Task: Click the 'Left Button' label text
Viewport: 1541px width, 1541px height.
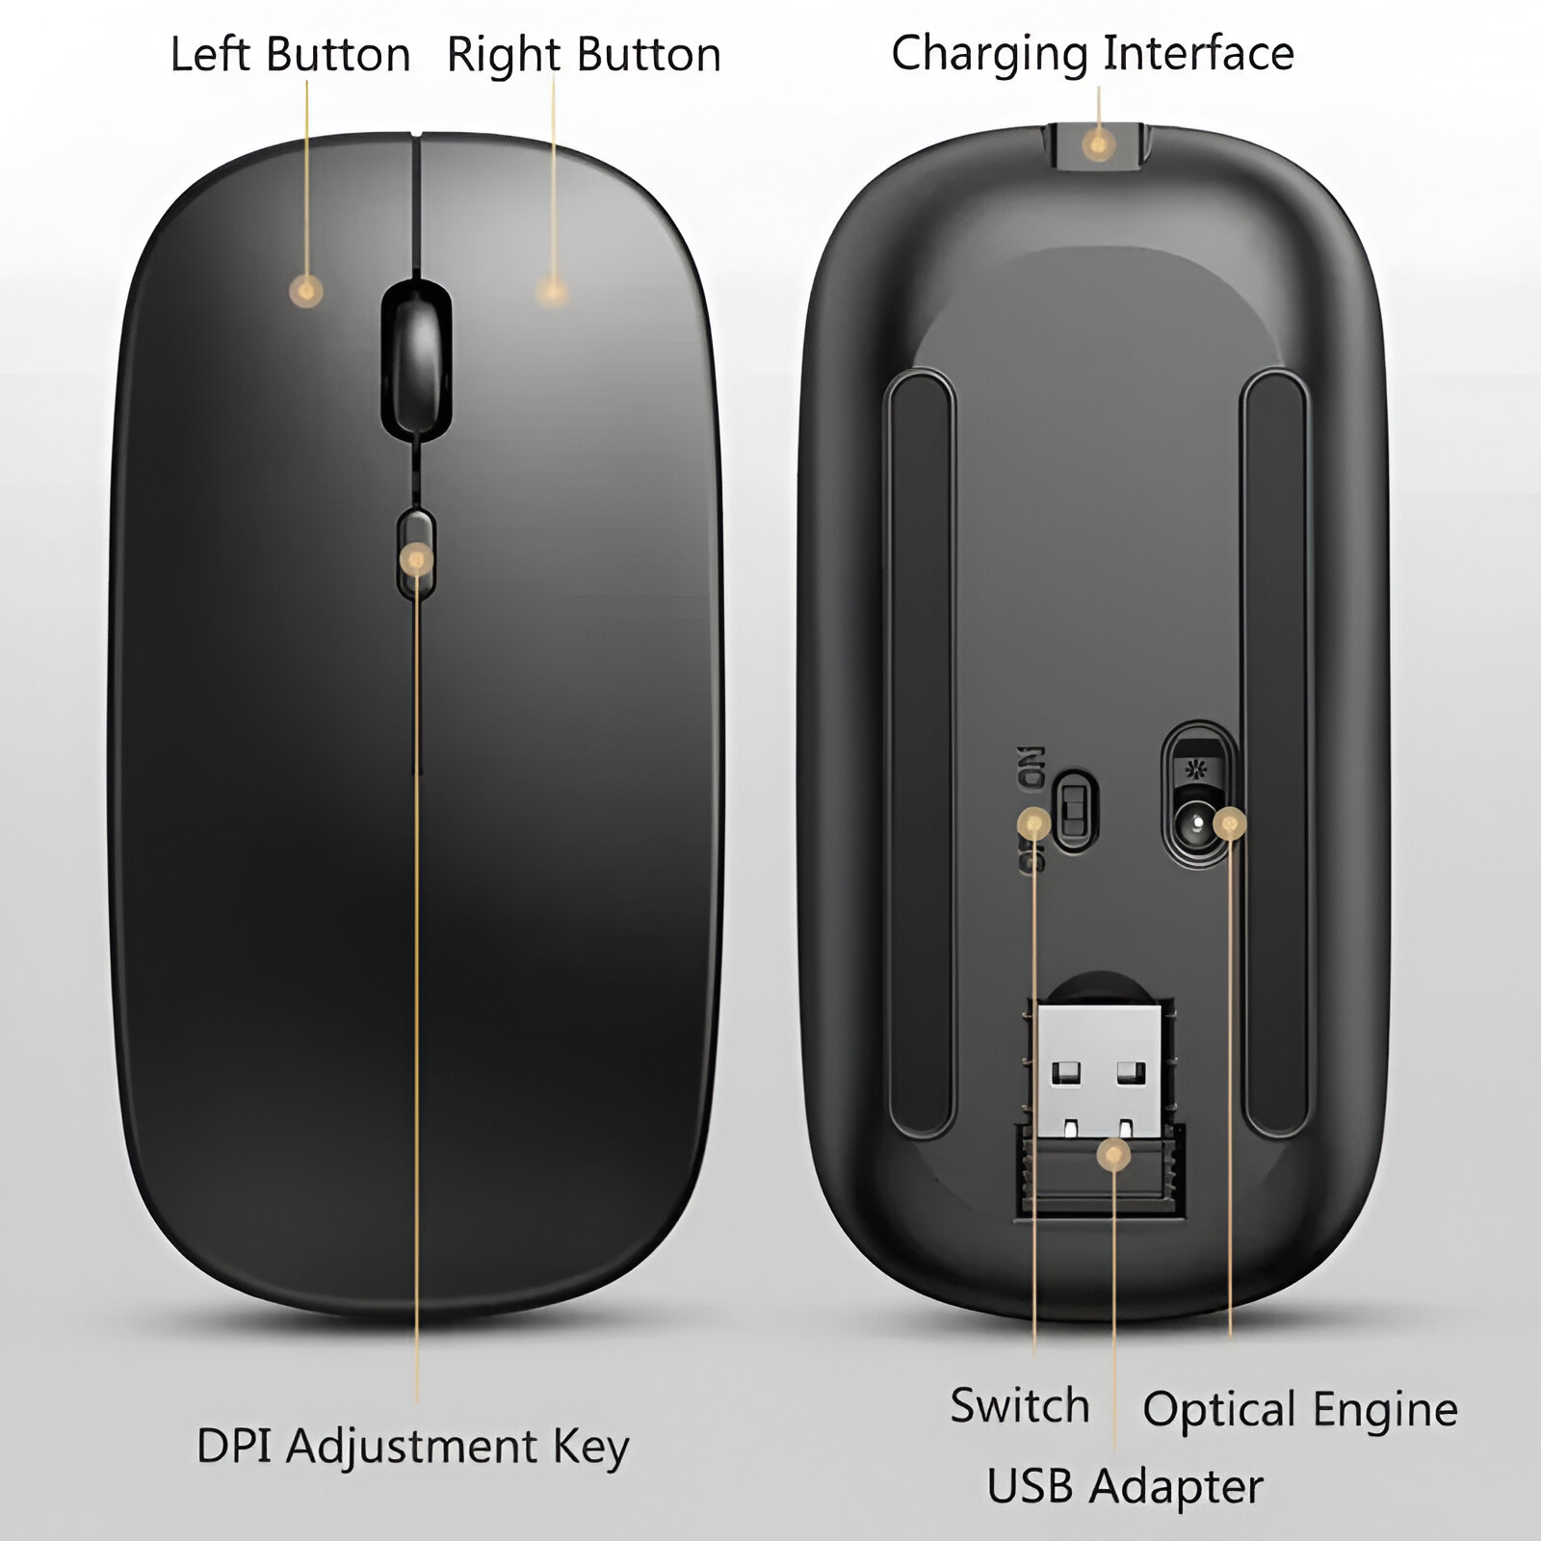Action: coord(290,55)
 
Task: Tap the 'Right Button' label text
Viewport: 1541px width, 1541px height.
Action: coord(584,55)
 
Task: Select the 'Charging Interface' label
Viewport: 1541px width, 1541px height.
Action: coord(1092,53)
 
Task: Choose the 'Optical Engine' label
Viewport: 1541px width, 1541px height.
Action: coord(1300,1410)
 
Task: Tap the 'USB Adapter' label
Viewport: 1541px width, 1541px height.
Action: coord(1125,1486)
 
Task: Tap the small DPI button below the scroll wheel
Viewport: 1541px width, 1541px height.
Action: coord(416,554)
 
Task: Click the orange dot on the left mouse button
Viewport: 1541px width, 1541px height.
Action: coord(306,290)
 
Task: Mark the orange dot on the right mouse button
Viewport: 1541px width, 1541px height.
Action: coord(551,291)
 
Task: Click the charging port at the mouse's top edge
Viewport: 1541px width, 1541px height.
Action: coord(1098,146)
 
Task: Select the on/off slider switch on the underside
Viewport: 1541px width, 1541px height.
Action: coord(1073,809)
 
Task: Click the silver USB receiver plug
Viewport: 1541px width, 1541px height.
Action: coord(1098,1070)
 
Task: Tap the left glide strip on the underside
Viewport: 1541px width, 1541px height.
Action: coord(920,751)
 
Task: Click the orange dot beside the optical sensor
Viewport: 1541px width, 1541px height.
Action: coord(1230,823)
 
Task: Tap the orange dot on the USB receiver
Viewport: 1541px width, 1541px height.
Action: coord(1114,1154)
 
